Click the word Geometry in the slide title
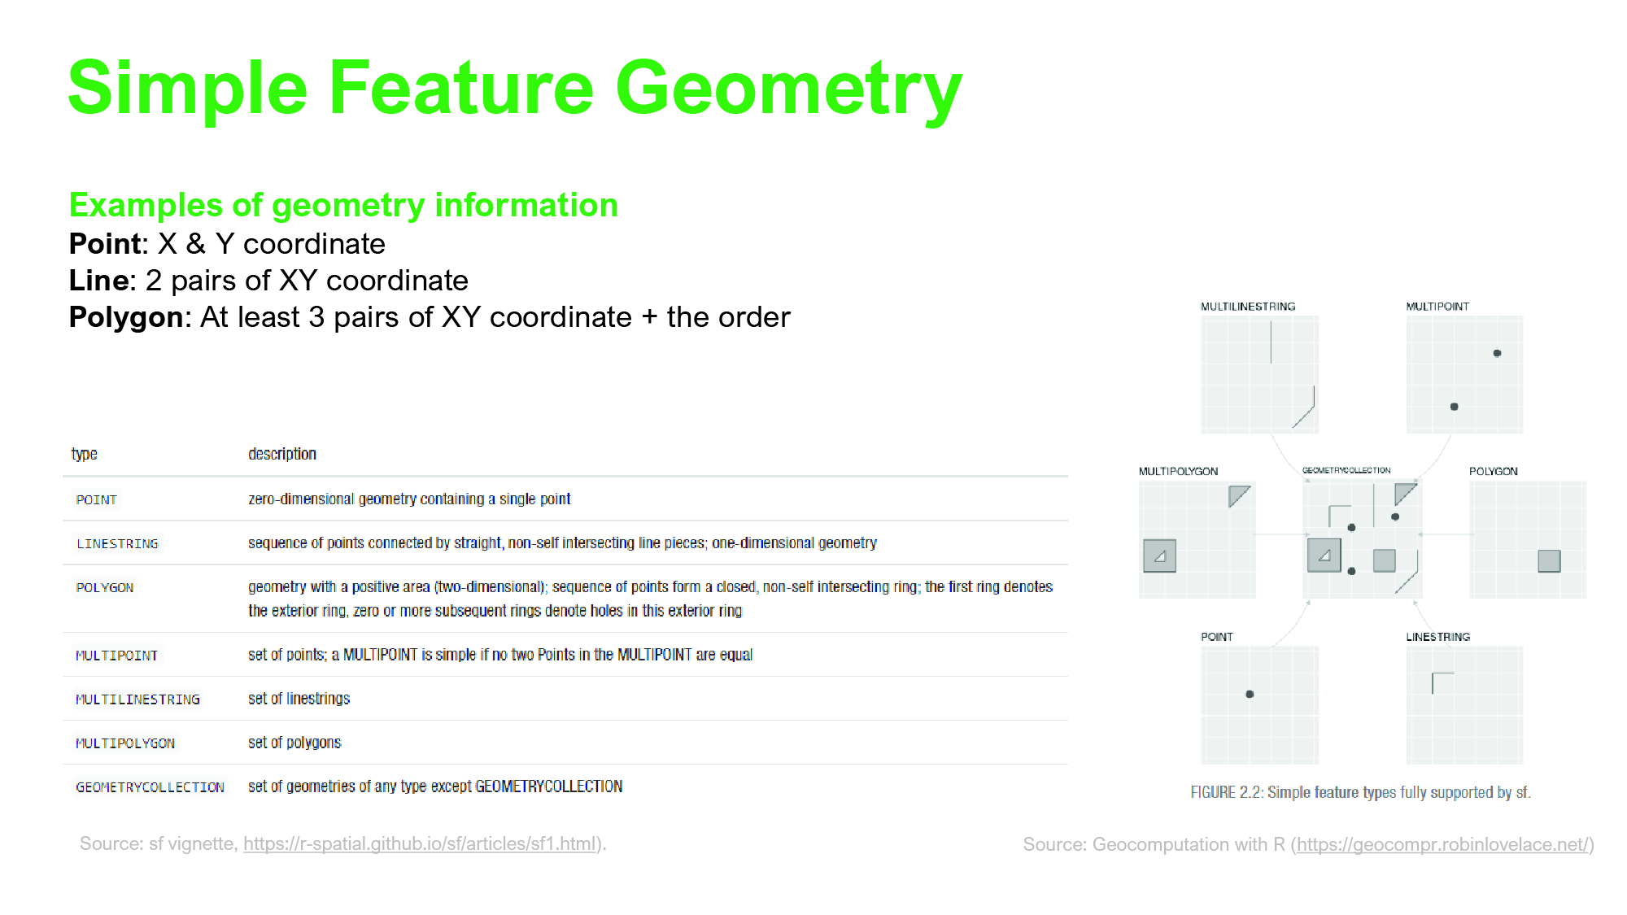point(788,89)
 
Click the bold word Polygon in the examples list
point(125,318)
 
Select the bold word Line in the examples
point(98,281)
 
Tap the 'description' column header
point(282,454)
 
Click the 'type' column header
point(85,454)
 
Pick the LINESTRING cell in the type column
point(117,543)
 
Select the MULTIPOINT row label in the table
point(116,656)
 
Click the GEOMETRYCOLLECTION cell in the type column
point(150,787)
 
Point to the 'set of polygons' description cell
point(294,743)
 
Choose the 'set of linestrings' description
point(299,699)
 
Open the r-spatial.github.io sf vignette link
point(421,844)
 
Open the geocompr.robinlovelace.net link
point(1442,845)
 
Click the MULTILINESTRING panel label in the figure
point(1248,307)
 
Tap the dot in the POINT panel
point(1250,694)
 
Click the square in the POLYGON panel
point(1549,561)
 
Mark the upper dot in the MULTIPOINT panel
point(1497,353)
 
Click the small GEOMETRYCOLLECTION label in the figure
point(1346,470)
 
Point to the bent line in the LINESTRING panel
point(1433,675)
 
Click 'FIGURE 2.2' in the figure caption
point(1225,792)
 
